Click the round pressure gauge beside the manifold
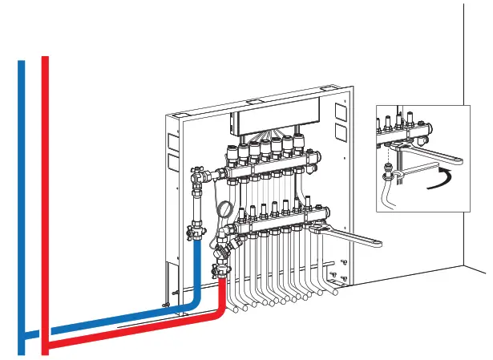pyautogui.click(x=225, y=210)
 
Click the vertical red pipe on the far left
pyautogui.click(x=46, y=200)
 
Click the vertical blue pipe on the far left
pyautogui.click(x=22, y=200)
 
